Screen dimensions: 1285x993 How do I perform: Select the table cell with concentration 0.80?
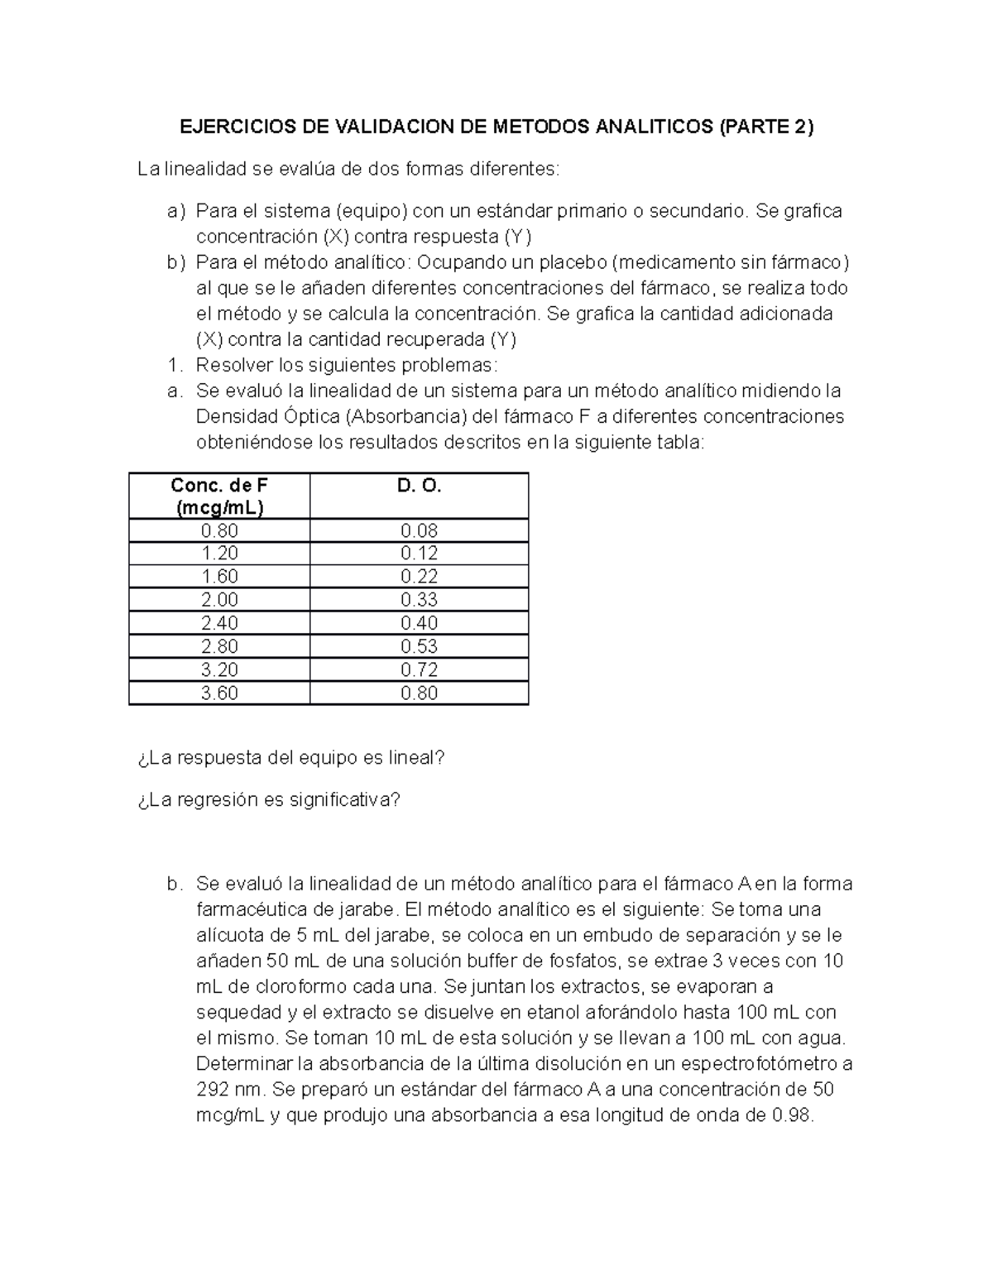pos(219,530)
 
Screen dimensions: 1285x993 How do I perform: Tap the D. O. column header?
pos(419,487)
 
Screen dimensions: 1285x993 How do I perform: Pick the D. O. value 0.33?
pos(419,600)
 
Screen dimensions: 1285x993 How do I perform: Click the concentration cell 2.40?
pos(219,623)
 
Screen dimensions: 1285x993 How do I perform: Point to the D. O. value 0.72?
pos(419,669)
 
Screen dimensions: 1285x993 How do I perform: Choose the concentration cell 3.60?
pos(219,693)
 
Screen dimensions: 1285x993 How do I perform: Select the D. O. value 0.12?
pos(419,554)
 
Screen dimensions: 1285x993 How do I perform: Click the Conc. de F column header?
pos(219,496)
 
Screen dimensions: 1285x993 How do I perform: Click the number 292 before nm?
pos(212,1089)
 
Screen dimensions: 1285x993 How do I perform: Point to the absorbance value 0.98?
pos(792,1115)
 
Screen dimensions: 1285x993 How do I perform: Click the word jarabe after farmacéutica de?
pos(368,909)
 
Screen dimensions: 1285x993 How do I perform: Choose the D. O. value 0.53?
pos(419,646)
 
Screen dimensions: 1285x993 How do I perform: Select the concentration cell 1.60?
pos(219,577)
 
